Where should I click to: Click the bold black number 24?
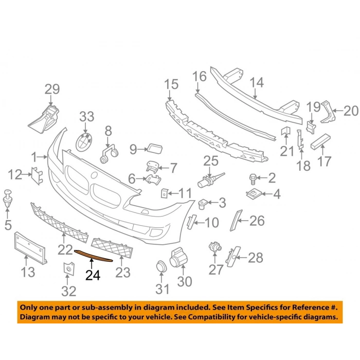coord(93,275)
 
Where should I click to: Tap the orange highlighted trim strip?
coord(94,256)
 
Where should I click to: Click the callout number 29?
coord(52,89)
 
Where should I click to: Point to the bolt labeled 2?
coord(253,179)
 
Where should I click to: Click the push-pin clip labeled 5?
coord(8,197)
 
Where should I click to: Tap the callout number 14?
coord(257,82)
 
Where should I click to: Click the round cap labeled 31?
coord(161,267)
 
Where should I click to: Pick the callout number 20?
coord(351,111)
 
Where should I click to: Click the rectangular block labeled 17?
coord(321,141)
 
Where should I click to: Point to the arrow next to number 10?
coord(200,223)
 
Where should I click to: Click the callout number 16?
coord(200,76)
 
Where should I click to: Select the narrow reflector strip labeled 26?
coord(236,220)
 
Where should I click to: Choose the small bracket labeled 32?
coord(69,268)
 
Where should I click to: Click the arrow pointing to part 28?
coord(241,258)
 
